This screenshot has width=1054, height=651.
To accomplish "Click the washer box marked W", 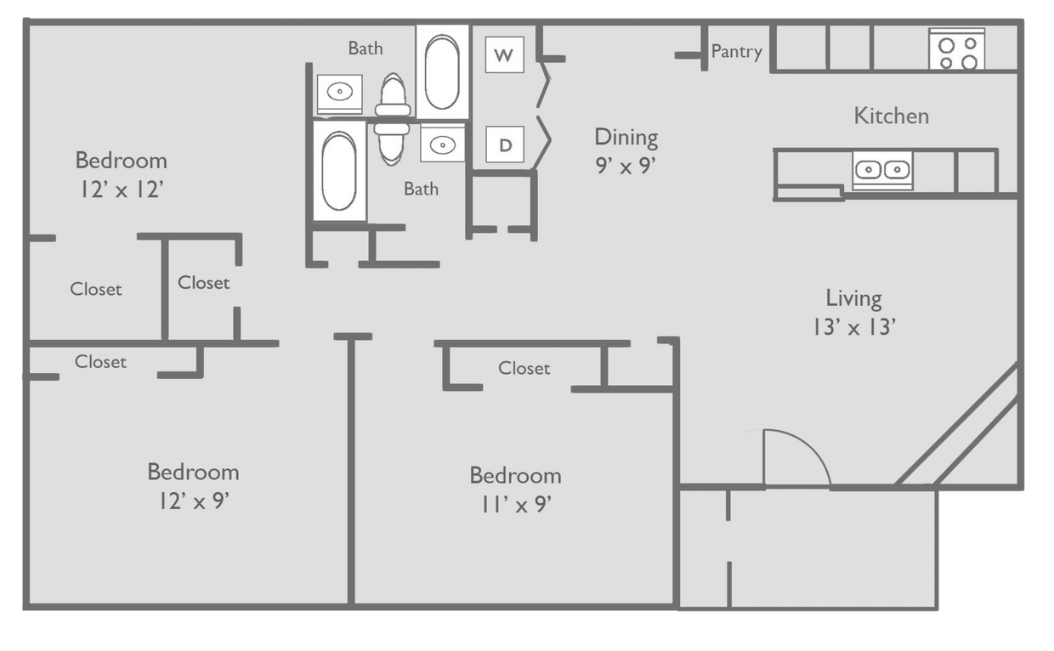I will [x=504, y=56].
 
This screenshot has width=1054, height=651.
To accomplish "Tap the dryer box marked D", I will [x=505, y=144].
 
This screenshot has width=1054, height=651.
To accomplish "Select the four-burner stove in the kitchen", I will [x=957, y=50].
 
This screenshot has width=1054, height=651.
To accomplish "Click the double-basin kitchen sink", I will [x=882, y=170].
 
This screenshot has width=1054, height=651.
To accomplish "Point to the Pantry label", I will [x=736, y=52].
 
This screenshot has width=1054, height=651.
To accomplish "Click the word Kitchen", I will [x=891, y=116].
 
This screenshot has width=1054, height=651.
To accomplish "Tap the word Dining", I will [x=626, y=137].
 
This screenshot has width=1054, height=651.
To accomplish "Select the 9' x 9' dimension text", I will [x=626, y=166].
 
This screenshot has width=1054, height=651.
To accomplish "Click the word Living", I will [x=853, y=298].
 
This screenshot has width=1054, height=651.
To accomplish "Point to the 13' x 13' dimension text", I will [x=853, y=327].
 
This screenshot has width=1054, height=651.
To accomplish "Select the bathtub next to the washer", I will [x=442, y=72].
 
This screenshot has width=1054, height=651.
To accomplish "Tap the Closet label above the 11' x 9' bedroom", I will [x=524, y=368].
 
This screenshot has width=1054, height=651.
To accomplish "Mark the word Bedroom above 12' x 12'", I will [x=121, y=160].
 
